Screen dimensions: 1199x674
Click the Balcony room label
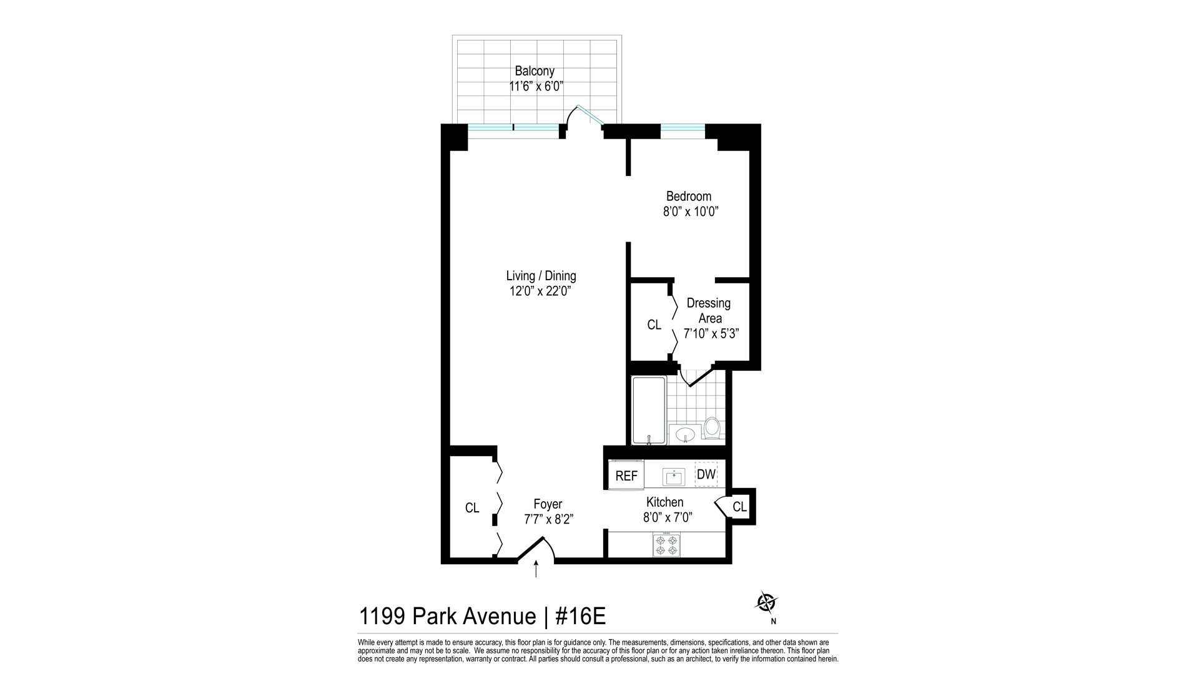point(535,71)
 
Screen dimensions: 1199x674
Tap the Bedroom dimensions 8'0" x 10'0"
point(691,212)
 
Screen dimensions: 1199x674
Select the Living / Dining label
point(541,276)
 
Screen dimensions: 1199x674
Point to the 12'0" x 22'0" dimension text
point(541,291)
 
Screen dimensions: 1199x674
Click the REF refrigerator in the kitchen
point(626,476)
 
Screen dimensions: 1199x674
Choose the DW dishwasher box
point(706,474)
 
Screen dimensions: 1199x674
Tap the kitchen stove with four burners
point(666,545)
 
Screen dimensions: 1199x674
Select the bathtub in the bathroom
point(649,410)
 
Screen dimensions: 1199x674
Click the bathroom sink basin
point(686,434)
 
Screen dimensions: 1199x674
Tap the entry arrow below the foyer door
point(536,569)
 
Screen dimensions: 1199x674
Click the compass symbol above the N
point(766,602)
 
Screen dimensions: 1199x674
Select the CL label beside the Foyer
point(472,508)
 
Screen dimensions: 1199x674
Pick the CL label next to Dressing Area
point(654,325)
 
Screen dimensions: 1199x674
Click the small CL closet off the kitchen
point(739,507)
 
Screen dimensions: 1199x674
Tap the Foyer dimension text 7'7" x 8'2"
point(549,519)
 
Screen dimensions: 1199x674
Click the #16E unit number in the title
point(580,617)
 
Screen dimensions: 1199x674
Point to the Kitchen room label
point(664,502)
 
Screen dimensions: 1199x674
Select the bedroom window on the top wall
point(683,131)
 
